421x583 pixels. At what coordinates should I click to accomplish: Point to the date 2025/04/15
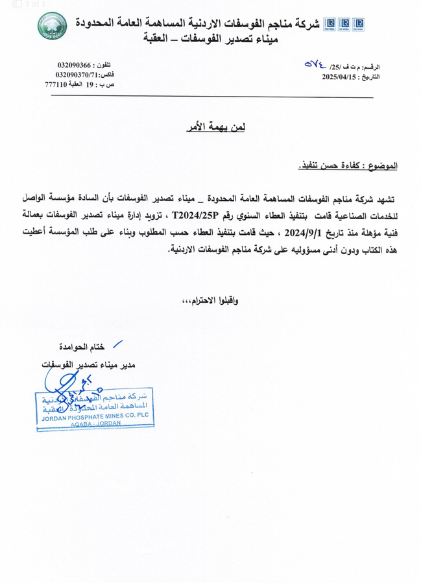coord(340,77)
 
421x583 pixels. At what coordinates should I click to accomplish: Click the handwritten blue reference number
coord(319,65)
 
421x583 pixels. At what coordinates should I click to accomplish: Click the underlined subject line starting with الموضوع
coord(348,167)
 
